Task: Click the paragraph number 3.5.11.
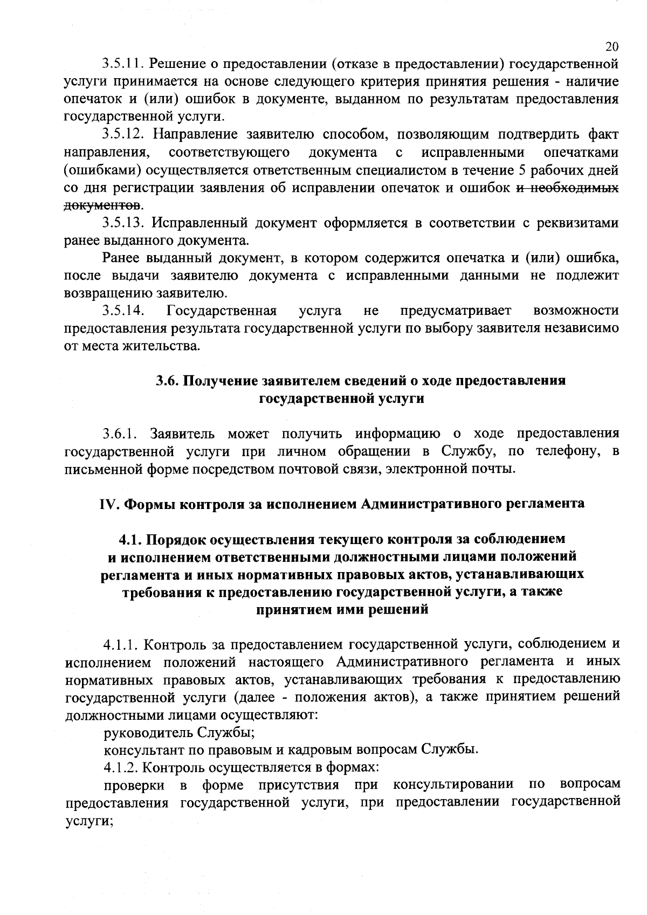pos(122,65)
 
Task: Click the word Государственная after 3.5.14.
pos(222,311)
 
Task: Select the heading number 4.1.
pos(130,539)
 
